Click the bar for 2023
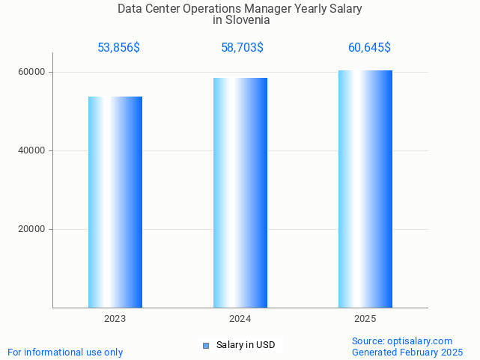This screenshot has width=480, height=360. coord(115,202)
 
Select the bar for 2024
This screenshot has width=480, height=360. coord(240,192)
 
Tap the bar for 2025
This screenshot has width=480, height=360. coord(365,189)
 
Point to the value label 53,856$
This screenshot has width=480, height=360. coord(118,48)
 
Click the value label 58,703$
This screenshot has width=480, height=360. coord(242,48)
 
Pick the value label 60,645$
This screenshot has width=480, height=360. coord(369,48)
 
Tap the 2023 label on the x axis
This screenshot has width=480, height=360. coord(115,319)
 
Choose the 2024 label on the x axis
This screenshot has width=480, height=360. coord(240,319)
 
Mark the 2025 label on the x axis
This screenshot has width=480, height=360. coord(365,319)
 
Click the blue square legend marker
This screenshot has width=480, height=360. coord(206,345)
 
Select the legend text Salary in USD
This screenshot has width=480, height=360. coord(246,345)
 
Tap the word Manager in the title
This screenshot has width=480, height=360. coord(271,9)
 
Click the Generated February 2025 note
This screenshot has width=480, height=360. coord(407,352)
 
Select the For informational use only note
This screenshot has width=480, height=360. coord(65,352)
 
